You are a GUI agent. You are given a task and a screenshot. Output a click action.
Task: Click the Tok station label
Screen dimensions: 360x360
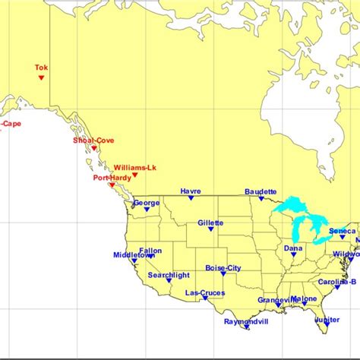tap(41, 68)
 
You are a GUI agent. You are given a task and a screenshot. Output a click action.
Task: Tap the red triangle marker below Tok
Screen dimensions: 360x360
tap(41, 77)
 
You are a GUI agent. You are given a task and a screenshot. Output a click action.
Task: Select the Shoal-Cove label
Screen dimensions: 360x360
tap(93, 140)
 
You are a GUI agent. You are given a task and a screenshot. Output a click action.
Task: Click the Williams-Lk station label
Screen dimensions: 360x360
tap(134, 167)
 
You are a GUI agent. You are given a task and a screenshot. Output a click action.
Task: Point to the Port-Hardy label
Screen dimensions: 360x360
tap(112, 178)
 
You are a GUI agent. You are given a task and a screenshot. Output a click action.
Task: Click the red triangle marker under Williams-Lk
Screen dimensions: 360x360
tap(134, 175)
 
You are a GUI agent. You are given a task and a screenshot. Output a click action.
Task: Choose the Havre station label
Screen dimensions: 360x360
tap(191, 191)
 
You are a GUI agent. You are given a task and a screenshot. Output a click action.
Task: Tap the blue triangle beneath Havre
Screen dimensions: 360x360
tap(191, 199)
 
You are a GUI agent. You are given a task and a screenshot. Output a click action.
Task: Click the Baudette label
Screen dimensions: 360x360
tap(261, 191)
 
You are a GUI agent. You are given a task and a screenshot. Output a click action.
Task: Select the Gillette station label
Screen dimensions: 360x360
tap(210, 223)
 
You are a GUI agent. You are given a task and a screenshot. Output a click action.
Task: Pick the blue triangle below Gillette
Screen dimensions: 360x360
tap(210, 230)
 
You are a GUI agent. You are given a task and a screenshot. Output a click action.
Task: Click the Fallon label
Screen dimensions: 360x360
tap(150, 251)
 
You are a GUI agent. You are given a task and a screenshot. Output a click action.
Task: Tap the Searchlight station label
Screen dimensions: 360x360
tap(169, 275)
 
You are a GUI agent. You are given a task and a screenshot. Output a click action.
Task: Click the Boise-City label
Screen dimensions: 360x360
tap(223, 267)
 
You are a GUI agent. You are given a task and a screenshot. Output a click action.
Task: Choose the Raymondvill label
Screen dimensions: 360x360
tap(247, 321)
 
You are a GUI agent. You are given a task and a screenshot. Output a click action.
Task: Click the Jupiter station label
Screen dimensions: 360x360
tap(327, 320)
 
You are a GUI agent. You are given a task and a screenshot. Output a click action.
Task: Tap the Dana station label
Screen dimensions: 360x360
tap(292, 248)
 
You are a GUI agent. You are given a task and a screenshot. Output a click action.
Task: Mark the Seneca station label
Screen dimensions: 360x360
tap(342, 230)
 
